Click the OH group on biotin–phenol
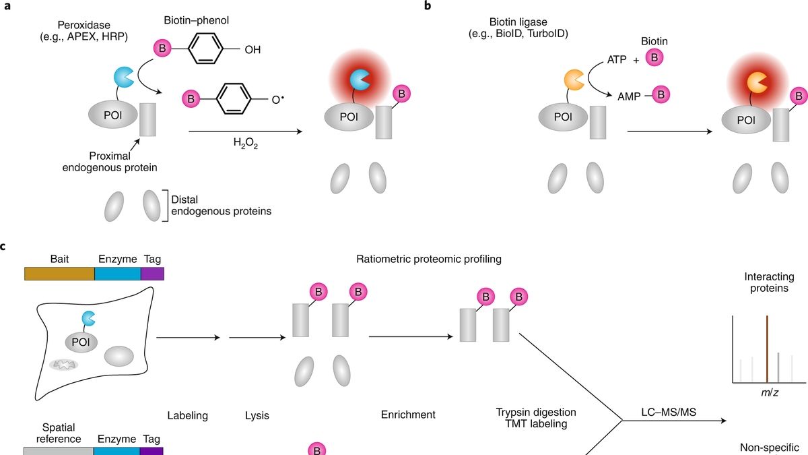coord(253,49)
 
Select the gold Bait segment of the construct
coord(59,273)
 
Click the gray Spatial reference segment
coord(59,451)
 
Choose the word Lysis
coord(257,415)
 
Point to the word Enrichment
coord(408,415)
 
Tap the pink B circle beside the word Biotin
coord(653,59)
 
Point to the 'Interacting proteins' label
coord(769,282)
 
